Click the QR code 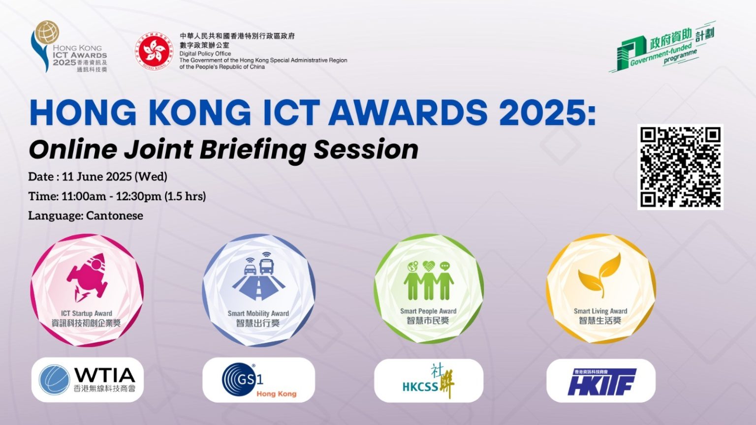pos(680,167)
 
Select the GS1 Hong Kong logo pos(258,380)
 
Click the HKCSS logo pos(429,381)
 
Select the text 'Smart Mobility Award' pos(258,313)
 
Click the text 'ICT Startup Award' pos(87,313)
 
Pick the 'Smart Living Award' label pos(600,311)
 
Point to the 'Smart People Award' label pos(428,311)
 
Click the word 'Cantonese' pos(115,215)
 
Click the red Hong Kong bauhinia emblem pos(154,51)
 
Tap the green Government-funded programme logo pos(662,48)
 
